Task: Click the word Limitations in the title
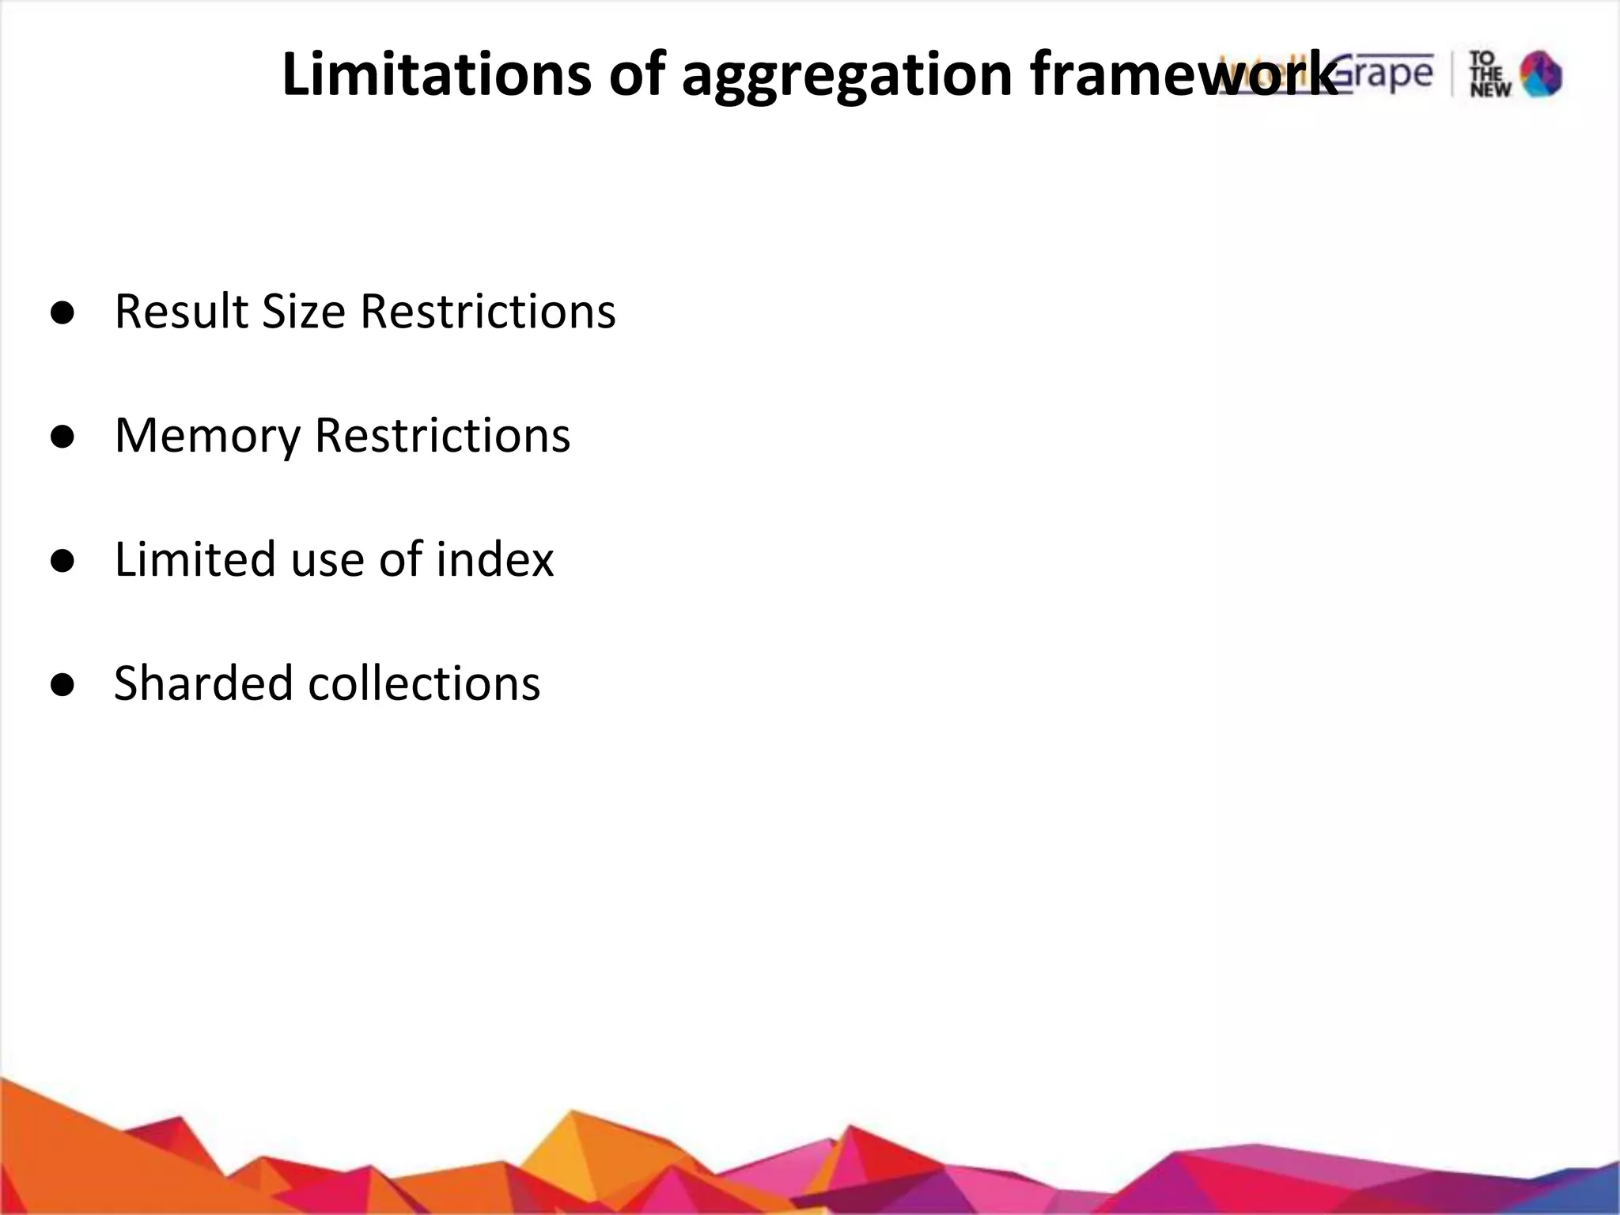tap(436, 74)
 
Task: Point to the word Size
tap(303, 311)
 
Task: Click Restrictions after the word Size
tap(487, 311)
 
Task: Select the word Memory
tap(207, 436)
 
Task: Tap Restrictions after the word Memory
tap(442, 435)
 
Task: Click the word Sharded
tap(203, 683)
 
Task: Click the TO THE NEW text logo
tap(1489, 75)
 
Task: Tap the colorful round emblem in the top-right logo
tap(1541, 75)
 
